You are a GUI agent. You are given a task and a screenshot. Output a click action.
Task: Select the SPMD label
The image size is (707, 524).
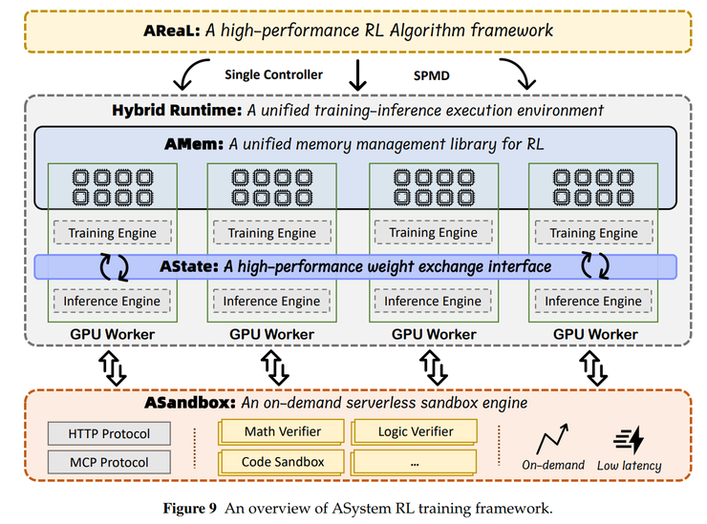pos(430,74)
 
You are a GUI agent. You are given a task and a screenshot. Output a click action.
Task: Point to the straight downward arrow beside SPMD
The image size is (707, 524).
pos(359,74)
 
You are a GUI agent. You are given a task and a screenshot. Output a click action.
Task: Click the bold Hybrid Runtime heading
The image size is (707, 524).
pos(177,110)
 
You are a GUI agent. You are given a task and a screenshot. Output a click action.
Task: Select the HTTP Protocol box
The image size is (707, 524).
pos(108,434)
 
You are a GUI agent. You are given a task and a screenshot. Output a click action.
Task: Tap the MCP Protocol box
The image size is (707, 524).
pos(108,463)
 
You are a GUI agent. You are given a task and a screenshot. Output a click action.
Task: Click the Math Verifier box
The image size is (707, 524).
pos(282,432)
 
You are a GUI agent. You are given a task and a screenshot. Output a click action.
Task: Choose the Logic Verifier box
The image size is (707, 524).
pos(415,432)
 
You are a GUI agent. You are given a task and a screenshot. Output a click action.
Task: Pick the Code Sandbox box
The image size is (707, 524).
pos(282,462)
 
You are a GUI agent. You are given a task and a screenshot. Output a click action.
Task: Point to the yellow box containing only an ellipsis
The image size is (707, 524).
pos(415,462)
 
